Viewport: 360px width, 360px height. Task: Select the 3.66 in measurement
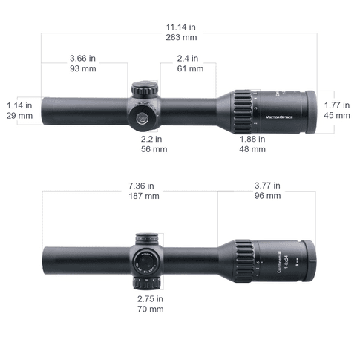point(83,58)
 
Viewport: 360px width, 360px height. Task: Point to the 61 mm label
point(191,68)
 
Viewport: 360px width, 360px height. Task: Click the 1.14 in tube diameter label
point(19,105)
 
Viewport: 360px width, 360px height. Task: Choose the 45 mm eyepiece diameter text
point(338,115)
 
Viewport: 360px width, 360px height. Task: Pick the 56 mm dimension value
point(154,148)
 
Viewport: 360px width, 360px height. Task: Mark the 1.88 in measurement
point(252,138)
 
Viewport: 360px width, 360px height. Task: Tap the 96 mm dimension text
point(268,196)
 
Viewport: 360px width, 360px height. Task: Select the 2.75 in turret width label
point(151,298)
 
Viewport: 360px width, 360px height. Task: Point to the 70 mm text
point(151,309)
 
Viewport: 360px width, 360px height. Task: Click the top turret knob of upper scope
point(144,89)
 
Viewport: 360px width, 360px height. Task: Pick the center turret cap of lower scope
point(145,262)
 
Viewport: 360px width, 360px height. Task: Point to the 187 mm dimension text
point(141,196)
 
